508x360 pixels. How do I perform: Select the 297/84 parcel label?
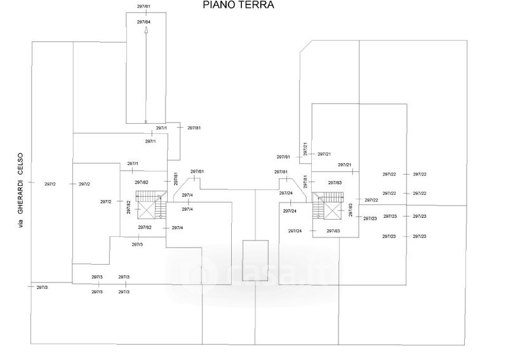[x=144, y=22]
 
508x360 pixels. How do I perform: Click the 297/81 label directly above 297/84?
[x=144, y=6]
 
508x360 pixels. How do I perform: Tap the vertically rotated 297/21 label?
[x=305, y=149]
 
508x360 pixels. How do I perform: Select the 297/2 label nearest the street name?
[x=50, y=184]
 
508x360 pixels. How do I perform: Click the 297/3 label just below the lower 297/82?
[x=137, y=244]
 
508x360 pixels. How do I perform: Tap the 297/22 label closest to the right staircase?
[x=371, y=200]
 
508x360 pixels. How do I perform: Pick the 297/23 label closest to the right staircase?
[x=370, y=218]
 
